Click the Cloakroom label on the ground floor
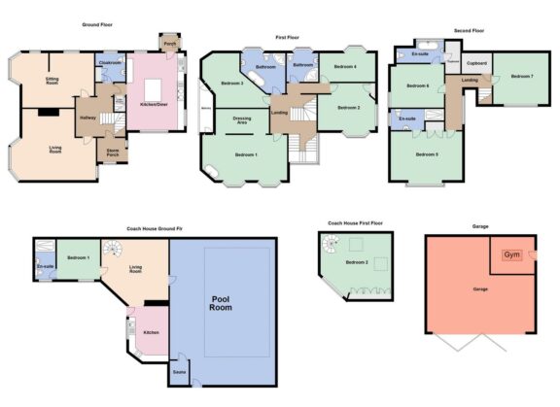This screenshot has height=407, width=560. point(110,63)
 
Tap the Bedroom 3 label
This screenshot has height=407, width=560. point(231,84)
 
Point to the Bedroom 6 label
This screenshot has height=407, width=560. point(417,86)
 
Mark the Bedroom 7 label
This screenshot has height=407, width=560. point(523,76)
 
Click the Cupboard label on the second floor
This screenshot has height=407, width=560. point(476,62)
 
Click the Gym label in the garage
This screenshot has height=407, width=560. point(510,254)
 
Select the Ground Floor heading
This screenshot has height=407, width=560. point(100,24)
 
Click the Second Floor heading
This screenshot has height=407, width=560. point(465,30)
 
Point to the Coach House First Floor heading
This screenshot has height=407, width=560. point(355,223)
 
